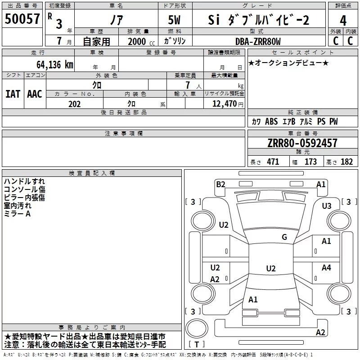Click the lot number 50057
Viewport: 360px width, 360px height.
[22, 19]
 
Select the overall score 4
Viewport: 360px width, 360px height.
[343, 20]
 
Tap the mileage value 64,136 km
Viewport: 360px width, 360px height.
[55, 65]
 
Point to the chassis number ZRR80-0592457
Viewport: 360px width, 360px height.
[302, 143]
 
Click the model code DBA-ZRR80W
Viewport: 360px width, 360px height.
[258, 41]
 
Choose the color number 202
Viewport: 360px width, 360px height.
[74, 104]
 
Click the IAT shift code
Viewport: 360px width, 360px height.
[13, 94]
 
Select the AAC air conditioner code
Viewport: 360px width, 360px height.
[35, 94]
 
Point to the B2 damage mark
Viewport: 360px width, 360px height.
[220, 184]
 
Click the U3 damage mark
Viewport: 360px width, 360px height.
[327, 206]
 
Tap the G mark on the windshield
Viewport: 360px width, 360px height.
[284, 237]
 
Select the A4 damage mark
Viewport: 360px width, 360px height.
[326, 267]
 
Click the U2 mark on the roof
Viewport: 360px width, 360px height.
[271, 268]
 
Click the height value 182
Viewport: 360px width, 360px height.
[346, 162]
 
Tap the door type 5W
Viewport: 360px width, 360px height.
[174, 20]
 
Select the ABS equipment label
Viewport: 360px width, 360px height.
[271, 121]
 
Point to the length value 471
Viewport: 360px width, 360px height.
[273, 162]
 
